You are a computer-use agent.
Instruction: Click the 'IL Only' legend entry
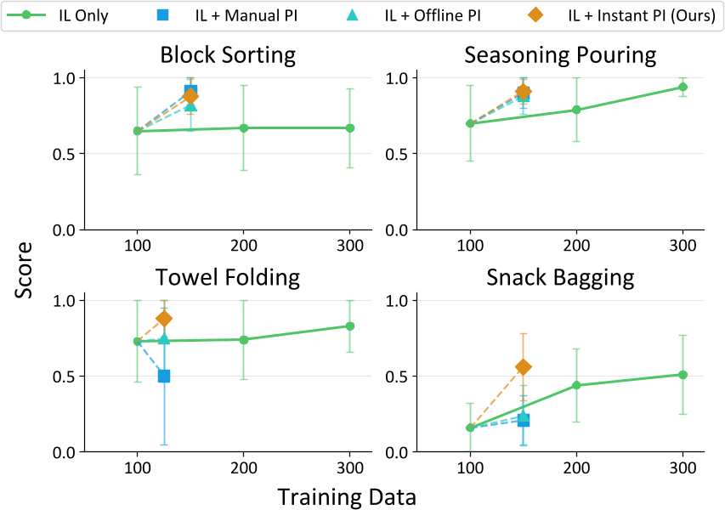[59, 16]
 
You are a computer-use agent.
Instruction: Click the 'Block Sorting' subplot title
[229, 56]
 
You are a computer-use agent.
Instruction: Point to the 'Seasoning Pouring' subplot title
[560, 56]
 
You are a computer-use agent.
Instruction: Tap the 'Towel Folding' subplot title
[229, 278]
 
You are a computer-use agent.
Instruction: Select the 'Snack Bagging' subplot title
[560, 278]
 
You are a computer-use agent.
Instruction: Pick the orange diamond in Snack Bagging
[524, 366]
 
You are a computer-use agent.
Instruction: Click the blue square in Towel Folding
[164, 376]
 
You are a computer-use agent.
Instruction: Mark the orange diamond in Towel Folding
[164, 319]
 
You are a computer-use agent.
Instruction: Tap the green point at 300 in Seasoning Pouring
[683, 87]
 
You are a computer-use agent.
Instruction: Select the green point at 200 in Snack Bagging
[576, 385]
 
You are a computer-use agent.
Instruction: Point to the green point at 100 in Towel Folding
[137, 341]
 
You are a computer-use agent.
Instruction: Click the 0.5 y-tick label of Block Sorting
[65, 154]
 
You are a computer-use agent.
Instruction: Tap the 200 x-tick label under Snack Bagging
[576, 467]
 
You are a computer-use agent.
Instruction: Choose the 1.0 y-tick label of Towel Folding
[65, 300]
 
